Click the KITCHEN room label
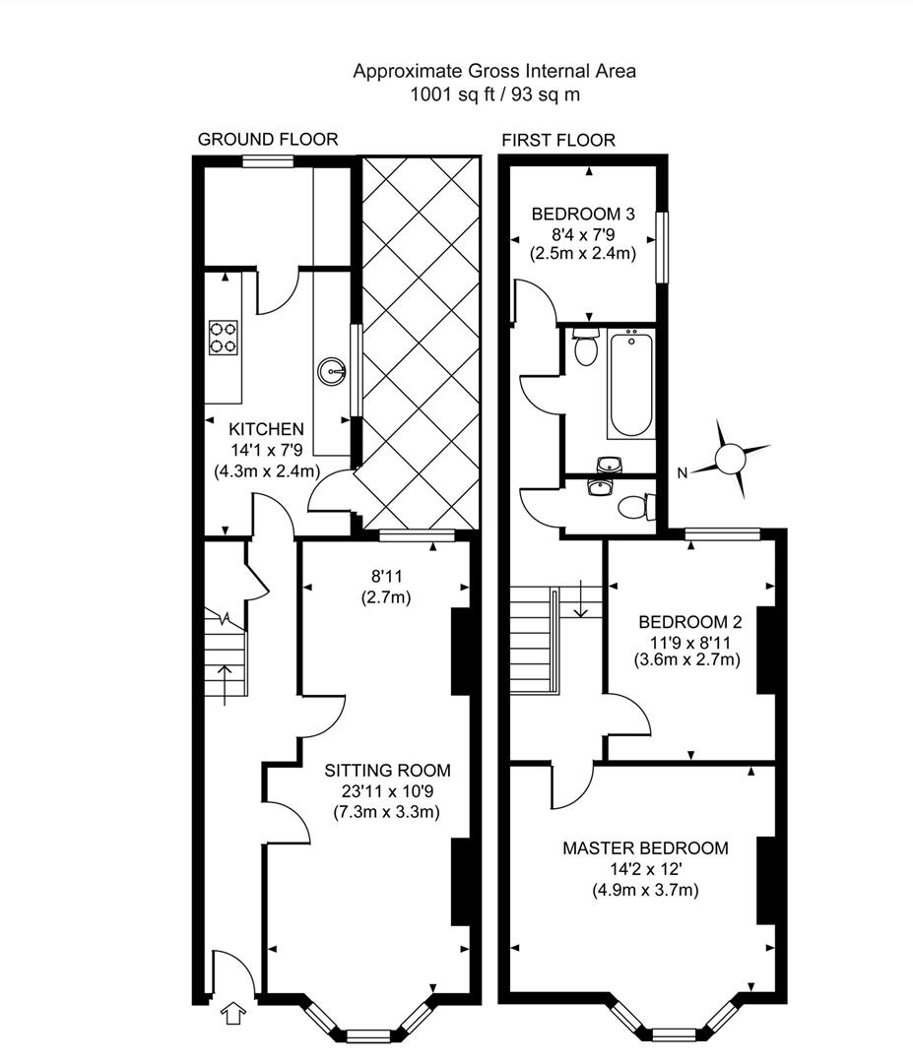[266, 429]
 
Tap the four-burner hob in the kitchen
[224, 337]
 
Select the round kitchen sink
[331, 371]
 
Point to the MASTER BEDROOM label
[645, 848]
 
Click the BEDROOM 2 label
[690, 622]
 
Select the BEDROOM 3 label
[582, 214]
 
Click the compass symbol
[732, 459]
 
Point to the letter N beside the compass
[682, 473]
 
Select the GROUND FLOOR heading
[268, 140]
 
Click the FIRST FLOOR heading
[558, 140]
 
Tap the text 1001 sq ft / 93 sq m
[495, 95]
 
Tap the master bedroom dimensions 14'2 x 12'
[645, 870]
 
